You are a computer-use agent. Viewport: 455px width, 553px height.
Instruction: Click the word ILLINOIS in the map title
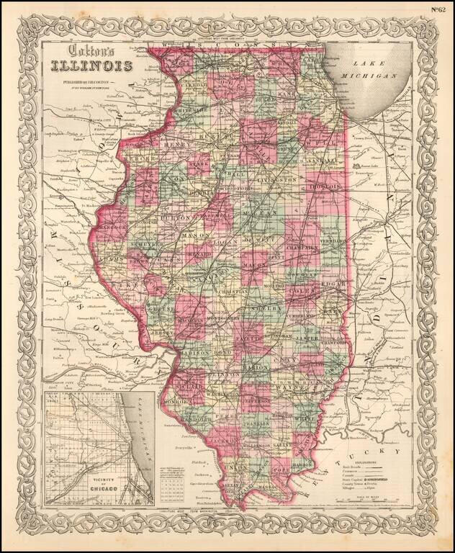coord(91,68)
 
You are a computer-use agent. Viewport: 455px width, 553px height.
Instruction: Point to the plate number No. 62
coord(439,9)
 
